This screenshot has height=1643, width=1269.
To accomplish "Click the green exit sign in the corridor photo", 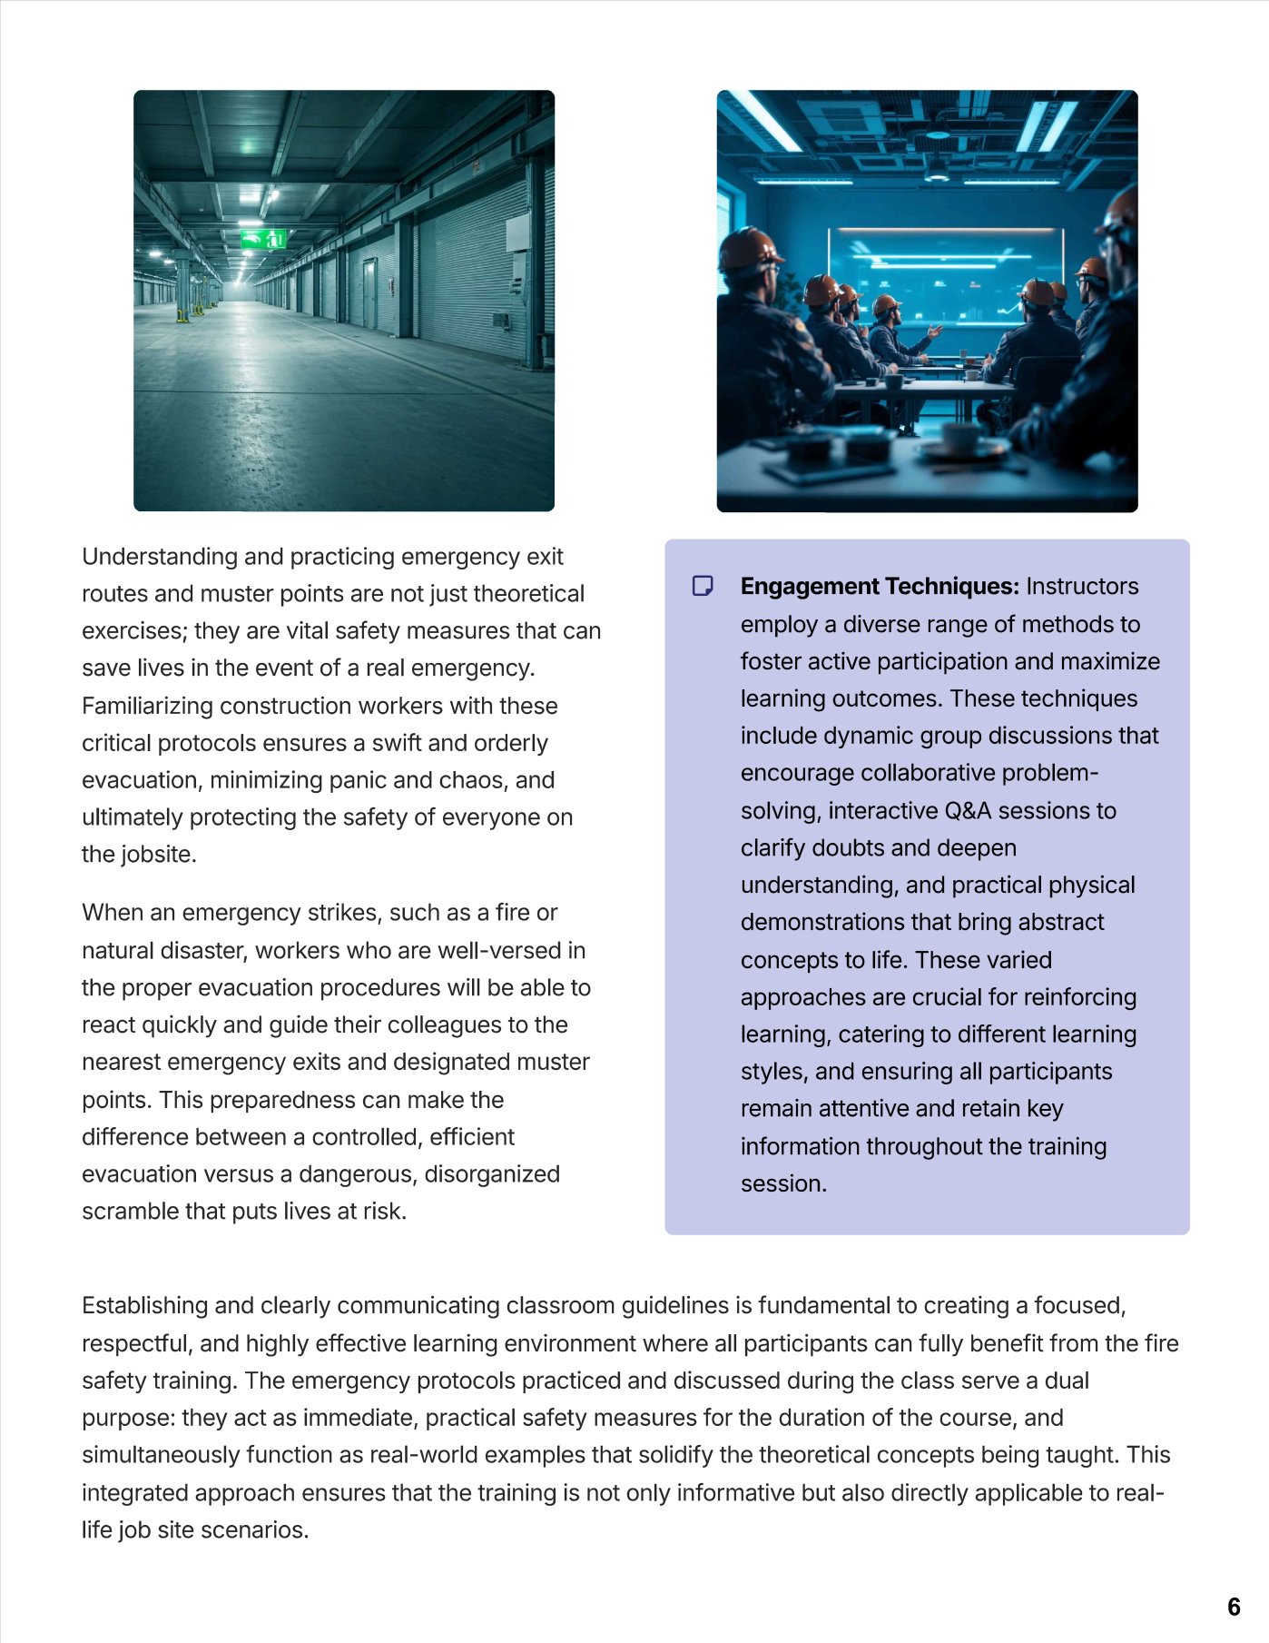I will [263, 239].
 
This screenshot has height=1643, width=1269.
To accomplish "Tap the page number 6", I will [1234, 1607].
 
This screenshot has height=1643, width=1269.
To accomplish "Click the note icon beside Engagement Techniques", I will [703, 586].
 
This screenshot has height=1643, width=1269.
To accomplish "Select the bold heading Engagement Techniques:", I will [880, 587].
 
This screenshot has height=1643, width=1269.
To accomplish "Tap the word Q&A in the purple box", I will [968, 811].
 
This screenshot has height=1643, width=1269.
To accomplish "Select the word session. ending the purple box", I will [783, 1184].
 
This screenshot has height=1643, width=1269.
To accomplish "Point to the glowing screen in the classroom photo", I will [944, 272].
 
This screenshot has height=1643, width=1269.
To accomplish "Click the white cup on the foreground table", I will [963, 439].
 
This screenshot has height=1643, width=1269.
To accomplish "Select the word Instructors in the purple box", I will [1082, 587].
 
